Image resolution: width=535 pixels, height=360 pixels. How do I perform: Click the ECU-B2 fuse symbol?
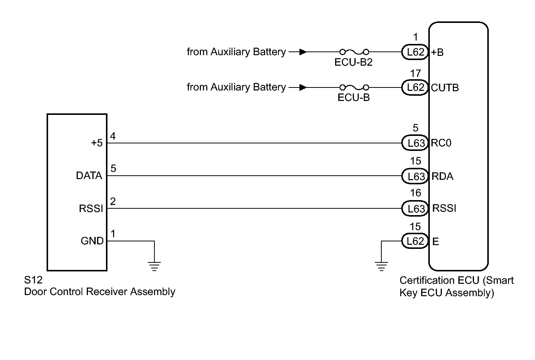pos(354,52)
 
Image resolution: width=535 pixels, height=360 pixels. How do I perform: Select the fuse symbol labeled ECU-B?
pos(354,87)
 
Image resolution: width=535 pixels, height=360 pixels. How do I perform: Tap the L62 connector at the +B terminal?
pos(415,52)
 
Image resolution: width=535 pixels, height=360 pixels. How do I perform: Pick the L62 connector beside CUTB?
pos(415,87)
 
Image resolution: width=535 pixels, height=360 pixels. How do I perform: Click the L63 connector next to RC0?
pos(415,143)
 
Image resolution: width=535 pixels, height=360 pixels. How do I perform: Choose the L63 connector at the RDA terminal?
pos(415,176)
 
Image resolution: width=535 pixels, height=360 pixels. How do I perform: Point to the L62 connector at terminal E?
pos(415,241)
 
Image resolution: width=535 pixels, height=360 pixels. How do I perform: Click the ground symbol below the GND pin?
pos(154,266)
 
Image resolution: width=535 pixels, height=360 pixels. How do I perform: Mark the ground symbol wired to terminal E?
pos(381,267)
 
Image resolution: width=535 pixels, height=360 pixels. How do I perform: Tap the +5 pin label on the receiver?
pos(97,143)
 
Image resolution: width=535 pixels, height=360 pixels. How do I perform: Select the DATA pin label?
pos(89,176)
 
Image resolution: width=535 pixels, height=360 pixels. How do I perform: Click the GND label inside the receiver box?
pos(92,241)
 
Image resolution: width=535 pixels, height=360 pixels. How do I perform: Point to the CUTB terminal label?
pos(445,88)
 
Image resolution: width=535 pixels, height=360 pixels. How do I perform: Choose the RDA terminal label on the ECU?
pos(442,176)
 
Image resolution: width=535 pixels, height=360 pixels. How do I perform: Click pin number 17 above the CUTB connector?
pos(415,74)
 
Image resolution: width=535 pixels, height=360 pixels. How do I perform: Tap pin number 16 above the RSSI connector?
pos(415,193)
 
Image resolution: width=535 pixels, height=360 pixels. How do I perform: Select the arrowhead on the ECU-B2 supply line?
pos(303,52)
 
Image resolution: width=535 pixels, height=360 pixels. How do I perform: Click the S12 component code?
pos(33,280)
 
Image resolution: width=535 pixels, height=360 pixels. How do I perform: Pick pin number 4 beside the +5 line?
pos(113,136)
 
